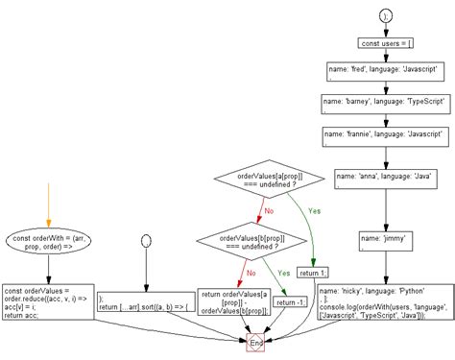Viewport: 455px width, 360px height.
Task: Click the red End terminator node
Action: (256, 343)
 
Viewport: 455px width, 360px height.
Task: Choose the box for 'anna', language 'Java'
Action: (383, 180)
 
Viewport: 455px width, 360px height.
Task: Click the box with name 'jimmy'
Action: (383, 240)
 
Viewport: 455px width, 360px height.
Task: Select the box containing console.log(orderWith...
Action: (383, 299)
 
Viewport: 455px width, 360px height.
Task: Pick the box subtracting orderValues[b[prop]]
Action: (231, 300)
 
